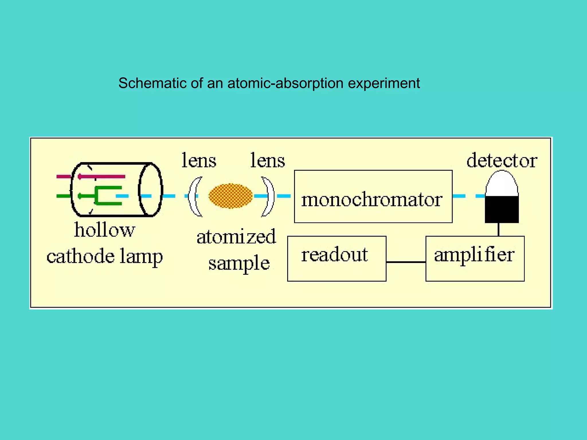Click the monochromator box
(x=373, y=197)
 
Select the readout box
(x=336, y=258)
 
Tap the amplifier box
(x=475, y=258)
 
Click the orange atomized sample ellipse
(x=230, y=196)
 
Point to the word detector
(x=502, y=160)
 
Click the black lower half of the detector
(x=502, y=209)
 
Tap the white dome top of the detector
(x=502, y=183)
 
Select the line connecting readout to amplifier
(x=406, y=262)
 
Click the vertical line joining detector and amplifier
(x=498, y=229)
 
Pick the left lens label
(x=199, y=160)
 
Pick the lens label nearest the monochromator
(x=268, y=160)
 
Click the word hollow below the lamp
(x=104, y=230)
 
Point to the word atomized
(x=236, y=237)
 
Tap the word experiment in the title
(x=384, y=83)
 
